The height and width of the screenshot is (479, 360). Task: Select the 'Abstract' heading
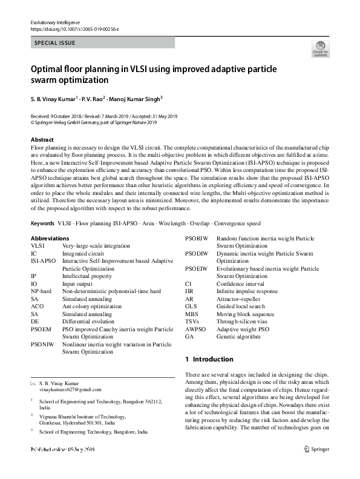[42, 139]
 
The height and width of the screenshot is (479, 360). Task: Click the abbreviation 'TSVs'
[192, 322]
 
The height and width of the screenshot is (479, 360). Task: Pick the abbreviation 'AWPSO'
[195, 329]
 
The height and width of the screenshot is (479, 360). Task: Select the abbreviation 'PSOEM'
[40, 329]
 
